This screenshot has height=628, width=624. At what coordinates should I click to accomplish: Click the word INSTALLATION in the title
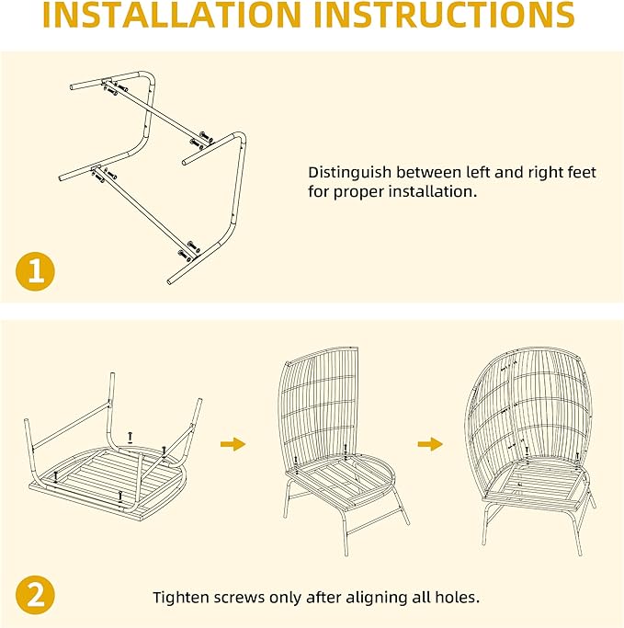[172, 15]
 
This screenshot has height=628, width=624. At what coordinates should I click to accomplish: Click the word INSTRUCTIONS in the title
[444, 15]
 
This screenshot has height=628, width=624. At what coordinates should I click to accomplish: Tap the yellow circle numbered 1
[35, 271]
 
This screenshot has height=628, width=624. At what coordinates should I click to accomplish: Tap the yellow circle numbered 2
[35, 595]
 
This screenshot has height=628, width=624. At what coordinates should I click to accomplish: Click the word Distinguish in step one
[349, 173]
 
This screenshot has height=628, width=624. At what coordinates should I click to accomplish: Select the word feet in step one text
[582, 172]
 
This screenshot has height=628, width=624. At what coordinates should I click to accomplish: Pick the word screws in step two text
[239, 598]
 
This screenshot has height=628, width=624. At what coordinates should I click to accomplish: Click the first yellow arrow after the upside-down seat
[233, 444]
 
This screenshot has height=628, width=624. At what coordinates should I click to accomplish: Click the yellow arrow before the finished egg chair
[430, 444]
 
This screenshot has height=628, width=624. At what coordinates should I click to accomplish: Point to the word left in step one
[478, 172]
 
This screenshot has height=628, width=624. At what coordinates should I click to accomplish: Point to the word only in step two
[286, 598]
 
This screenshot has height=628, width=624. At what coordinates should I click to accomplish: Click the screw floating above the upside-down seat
[130, 438]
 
